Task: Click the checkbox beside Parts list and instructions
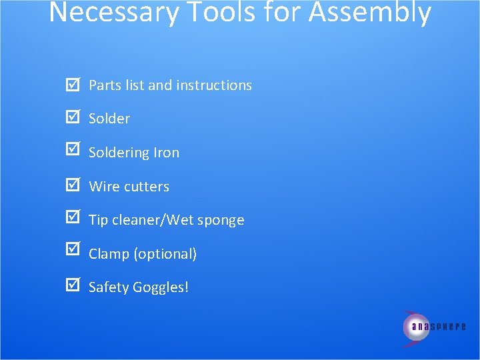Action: pos(73,85)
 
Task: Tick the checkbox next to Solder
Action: pos(73,118)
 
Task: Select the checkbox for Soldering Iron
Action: pos(73,152)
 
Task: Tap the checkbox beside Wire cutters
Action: pos(73,186)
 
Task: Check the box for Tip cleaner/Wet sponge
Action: pos(73,219)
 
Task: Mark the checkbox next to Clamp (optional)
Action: pos(73,253)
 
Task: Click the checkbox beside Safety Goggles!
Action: pos(73,287)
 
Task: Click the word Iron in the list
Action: pos(166,153)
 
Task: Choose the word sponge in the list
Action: pos(221,221)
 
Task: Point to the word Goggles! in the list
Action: pos(161,288)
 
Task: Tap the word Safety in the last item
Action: pos(109,288)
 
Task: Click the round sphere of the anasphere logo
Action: pos(416,327)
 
